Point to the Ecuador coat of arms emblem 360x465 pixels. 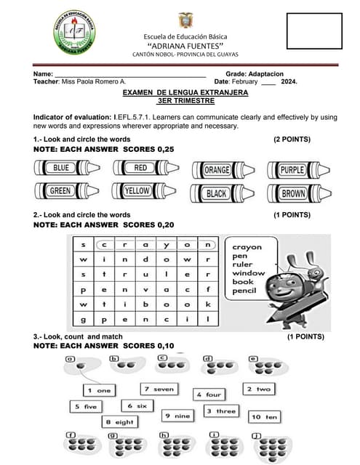click(x=185, y=20)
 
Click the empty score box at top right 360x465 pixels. click(x=313, y=30)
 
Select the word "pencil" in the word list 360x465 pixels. click(x=246, y=290)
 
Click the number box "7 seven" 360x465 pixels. click(x=159, y=389)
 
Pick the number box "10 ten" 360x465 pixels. click(x=264, y=417)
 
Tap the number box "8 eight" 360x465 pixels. click(x=119, y=421)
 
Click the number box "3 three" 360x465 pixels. click(x=220, y=411)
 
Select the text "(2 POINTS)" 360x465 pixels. click(x=292, y=139)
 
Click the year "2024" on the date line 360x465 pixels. click(x=289, y=81)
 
